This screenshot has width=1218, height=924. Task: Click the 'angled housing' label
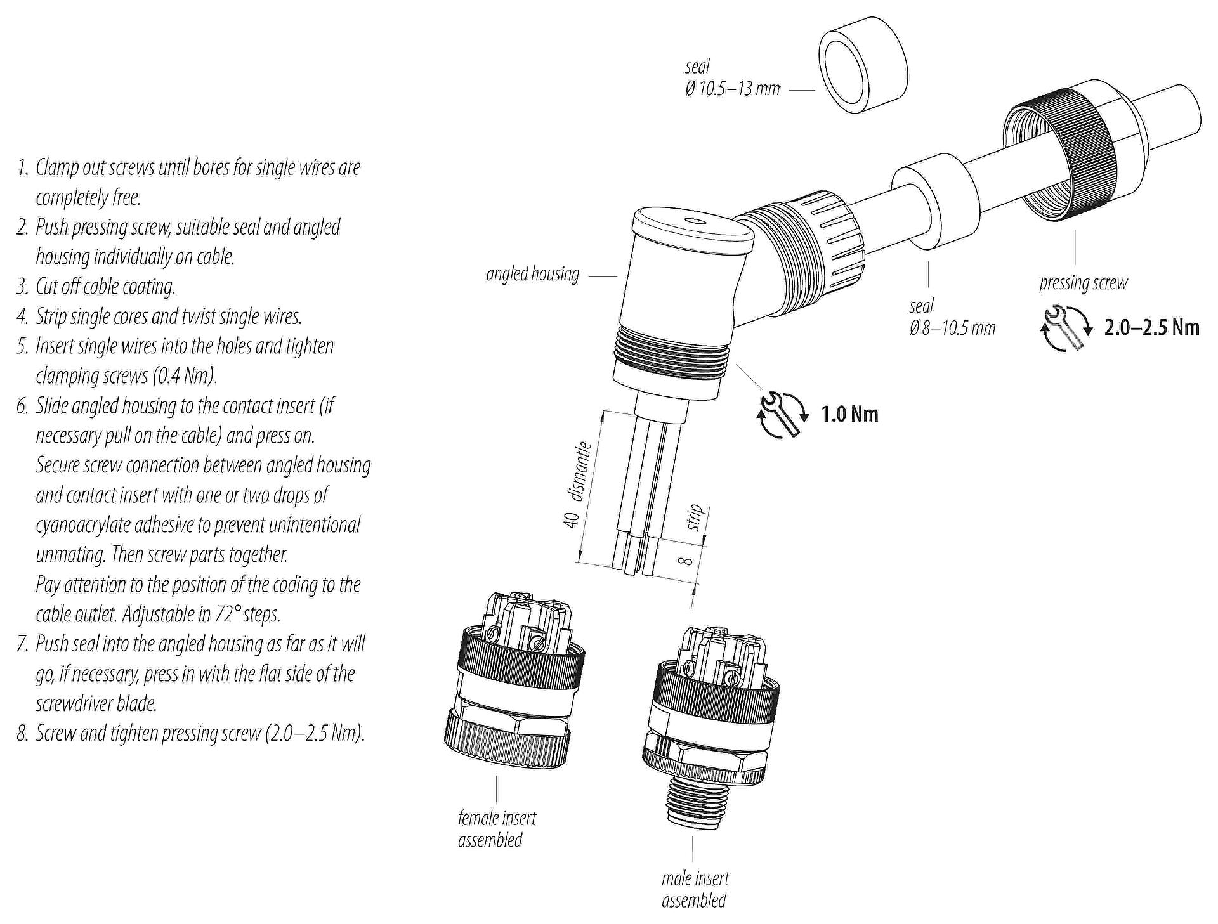tap(533, 275)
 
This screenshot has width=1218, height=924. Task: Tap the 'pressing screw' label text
tap(1084, 283)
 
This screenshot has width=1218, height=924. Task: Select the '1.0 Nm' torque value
tap(849, 415)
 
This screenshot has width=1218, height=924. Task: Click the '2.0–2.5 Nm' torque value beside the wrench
tap(1151, 327)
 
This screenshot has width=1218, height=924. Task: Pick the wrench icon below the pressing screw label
tap(1066, 328)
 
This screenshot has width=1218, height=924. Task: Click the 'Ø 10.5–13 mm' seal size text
tap(732, 89)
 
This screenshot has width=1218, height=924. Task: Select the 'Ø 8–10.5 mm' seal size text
tap(952, 328)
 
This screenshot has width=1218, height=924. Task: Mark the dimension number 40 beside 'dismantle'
tap(572, 520)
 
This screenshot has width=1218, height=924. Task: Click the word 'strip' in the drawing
tap(695, 517)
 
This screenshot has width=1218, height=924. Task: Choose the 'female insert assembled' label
tap(497, 829)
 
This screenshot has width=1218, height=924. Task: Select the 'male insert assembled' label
tap(695, 889)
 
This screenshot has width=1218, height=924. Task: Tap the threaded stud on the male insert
tap(693, 804)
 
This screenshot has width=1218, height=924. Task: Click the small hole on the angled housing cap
tap(695, 223)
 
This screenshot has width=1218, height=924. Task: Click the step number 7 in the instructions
tap(23, 644)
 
